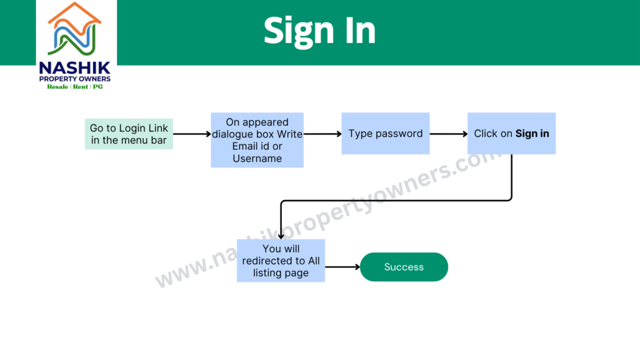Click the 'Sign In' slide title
[x=319, y=32]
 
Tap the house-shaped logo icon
[x=74, y=29]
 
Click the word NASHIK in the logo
[x=75, y=67]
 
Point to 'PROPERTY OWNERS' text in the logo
[x=75, y=79]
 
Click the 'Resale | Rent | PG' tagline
[x=75, y=86]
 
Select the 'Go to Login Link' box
[x=129, y=134]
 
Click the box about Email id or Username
[x=257, y=140]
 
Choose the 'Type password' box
[x=386, y=134]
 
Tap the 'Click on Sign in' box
[x=511, y=134]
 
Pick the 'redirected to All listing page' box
[x=281, y=261]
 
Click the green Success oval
[x=404, y=267]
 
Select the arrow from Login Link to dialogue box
[x=192, y=134]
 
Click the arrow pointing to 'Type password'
[x=322, y=134]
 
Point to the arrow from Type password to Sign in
[x=449, y=134]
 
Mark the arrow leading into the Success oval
[x=342, y=267]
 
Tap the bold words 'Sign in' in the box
[x=532, y=134]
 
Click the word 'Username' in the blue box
[x=257, y=158]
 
